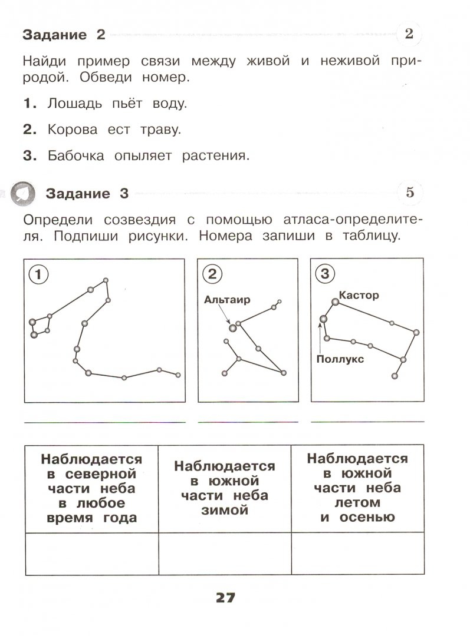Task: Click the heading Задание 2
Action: (64, 35)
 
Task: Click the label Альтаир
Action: (227, 299)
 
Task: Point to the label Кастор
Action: (359, 295)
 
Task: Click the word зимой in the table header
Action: (225, 511)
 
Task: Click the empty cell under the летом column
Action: (357, 554)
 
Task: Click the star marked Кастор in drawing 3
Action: (335, 302)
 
